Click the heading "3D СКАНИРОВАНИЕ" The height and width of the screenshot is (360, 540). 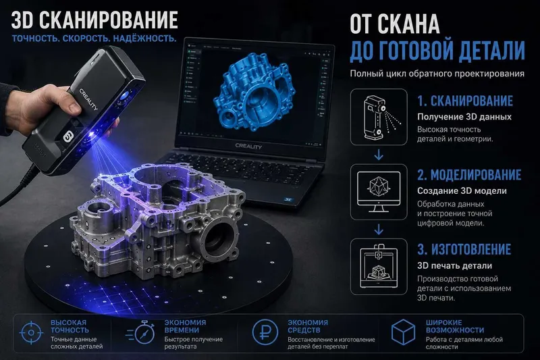94,20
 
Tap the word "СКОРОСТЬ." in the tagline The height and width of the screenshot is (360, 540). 86,38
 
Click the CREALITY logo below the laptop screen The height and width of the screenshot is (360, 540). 248,146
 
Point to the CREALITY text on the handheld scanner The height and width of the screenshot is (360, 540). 88,99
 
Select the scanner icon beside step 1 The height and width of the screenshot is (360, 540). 379,117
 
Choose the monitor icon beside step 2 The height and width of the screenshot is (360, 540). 379,192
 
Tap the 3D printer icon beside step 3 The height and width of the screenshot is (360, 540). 379,266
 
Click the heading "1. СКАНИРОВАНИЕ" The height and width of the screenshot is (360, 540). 465,101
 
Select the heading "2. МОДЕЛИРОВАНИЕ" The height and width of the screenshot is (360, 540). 469,175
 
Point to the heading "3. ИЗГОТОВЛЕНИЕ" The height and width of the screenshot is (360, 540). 464,249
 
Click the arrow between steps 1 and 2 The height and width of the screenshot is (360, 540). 379,155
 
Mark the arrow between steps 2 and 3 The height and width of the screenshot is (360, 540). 379,230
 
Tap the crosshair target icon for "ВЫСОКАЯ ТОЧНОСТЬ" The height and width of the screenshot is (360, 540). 31,333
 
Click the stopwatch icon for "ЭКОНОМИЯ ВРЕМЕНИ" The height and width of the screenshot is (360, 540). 141,332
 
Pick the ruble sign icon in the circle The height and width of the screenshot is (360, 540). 265,332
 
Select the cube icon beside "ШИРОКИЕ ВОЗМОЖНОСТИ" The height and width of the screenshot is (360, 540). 403,332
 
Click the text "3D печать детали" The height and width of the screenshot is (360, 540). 454,265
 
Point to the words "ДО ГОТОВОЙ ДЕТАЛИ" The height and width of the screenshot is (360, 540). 437,51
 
